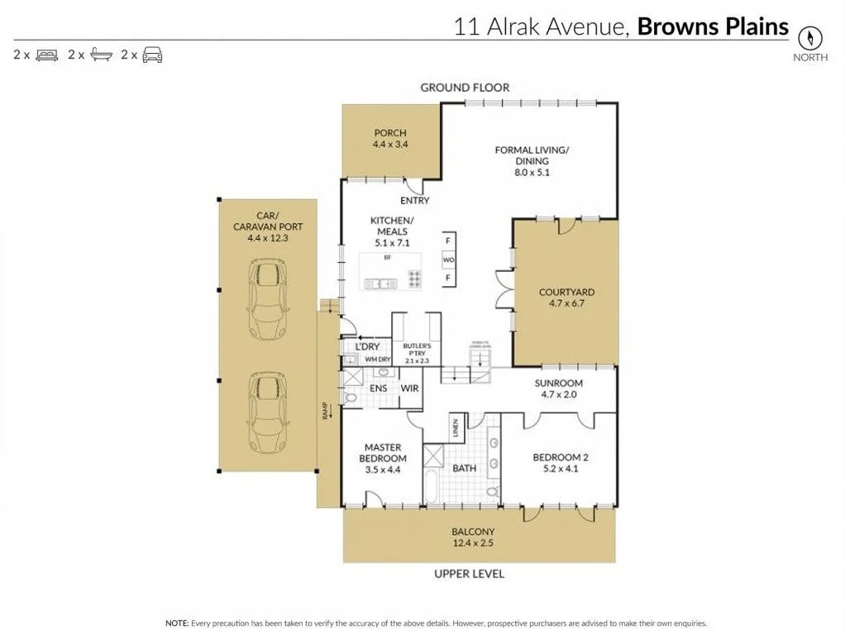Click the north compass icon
(x=810, y=38)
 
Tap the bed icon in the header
(x=46, y=55)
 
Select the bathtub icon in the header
(x=101, y=55)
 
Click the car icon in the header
(x=152, y=55)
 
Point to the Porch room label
(x=390, y=133)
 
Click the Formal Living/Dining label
(x=532, y=155)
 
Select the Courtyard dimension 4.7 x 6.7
(x=566, y=303)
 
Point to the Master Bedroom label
(x=383, y=453)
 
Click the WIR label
(x=410, y=388)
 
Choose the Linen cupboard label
(x=455, y=428)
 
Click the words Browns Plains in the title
(x=713, y=26)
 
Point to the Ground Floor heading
(x=465, y=87)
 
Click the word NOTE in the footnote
(x=177, y=623)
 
